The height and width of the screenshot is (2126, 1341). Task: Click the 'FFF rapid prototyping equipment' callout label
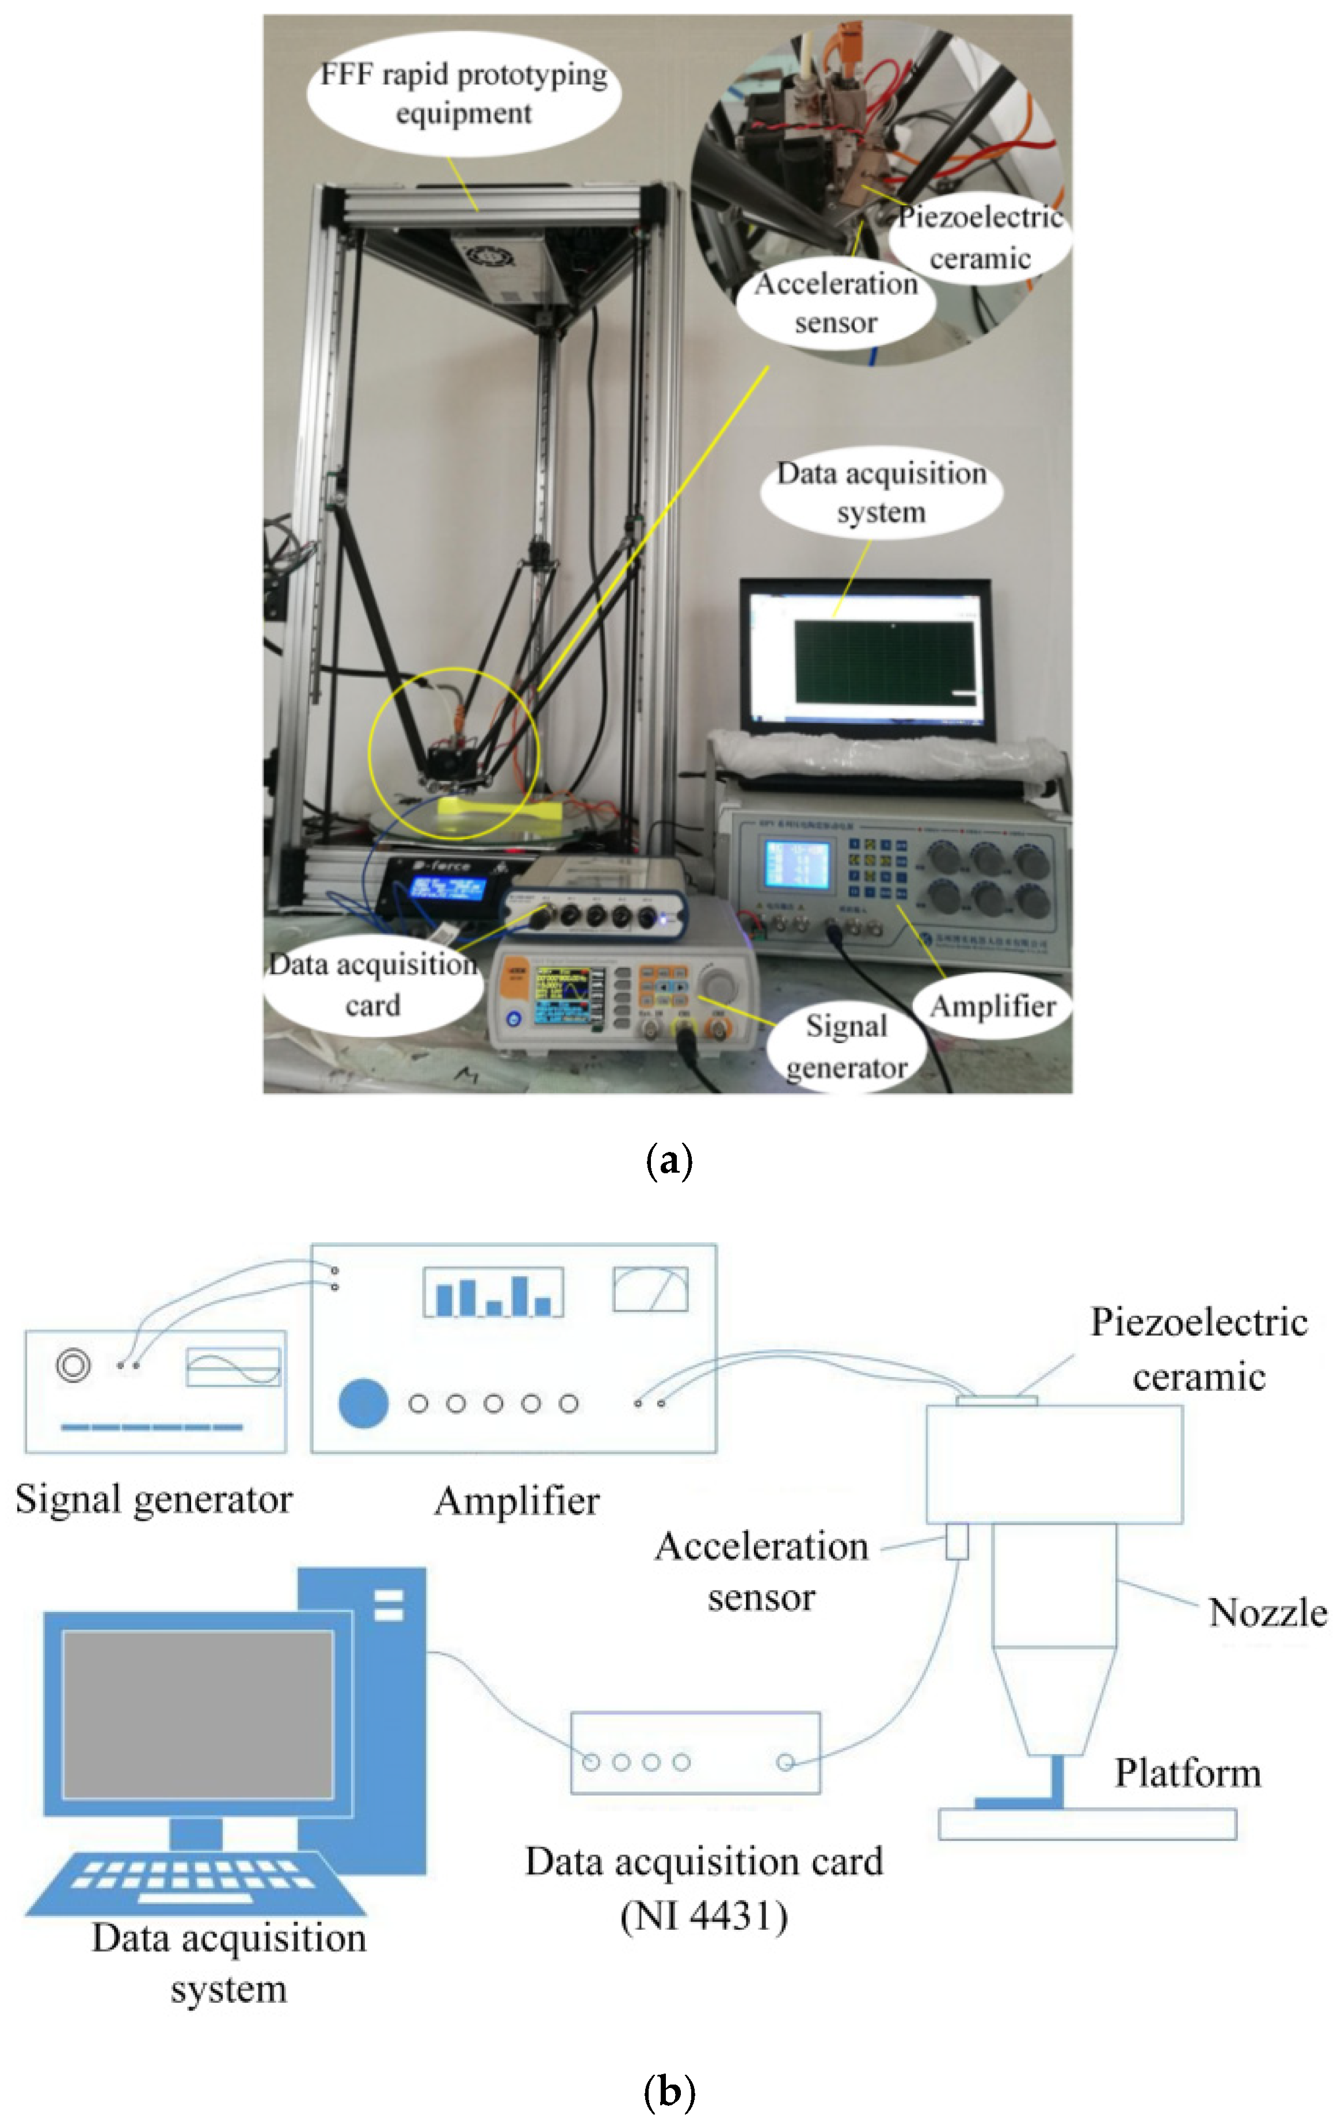[463, 94]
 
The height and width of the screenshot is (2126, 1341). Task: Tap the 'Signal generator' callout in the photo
[845, 1046]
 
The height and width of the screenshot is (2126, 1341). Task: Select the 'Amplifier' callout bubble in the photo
[992, 1006]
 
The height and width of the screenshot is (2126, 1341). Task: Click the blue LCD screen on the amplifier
[797, 864]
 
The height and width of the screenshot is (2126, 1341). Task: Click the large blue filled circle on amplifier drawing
[363, 1404]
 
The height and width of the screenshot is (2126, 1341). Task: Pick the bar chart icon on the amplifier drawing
[493, 1292]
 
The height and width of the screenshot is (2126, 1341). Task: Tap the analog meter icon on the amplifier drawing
[650, 1289]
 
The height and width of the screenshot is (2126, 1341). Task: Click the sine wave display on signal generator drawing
[233, 1366]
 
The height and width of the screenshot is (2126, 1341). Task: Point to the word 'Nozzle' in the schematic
[1267, 1612]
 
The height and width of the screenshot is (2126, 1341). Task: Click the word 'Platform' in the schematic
[1187, 1773]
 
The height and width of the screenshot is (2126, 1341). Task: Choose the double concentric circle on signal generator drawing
[73, 1365]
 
